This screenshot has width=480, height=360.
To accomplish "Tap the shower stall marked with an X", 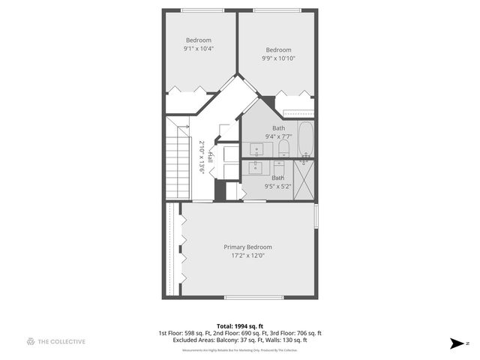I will tap(304, 181).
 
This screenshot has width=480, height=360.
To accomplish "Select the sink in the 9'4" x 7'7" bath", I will tap(256, 147).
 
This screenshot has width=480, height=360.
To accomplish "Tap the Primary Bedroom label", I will tap(247, 247).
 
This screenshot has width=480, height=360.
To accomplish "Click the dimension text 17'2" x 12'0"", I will tap(247, 256).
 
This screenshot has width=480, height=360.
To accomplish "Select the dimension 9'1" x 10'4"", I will tap(199, 49).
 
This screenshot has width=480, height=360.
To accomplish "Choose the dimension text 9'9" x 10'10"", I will tap(278, 58).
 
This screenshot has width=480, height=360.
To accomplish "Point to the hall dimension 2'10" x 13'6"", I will tap(202, 157).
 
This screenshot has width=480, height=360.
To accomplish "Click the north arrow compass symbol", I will tap(456, 343).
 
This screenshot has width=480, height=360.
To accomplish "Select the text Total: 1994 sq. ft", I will tap(239, 326).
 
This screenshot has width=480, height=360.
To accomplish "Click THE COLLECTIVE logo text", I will tap(61, 341).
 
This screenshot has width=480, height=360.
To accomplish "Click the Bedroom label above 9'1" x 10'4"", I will tap(199, 40).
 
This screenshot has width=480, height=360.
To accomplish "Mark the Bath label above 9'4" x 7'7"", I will tap(278, 128).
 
